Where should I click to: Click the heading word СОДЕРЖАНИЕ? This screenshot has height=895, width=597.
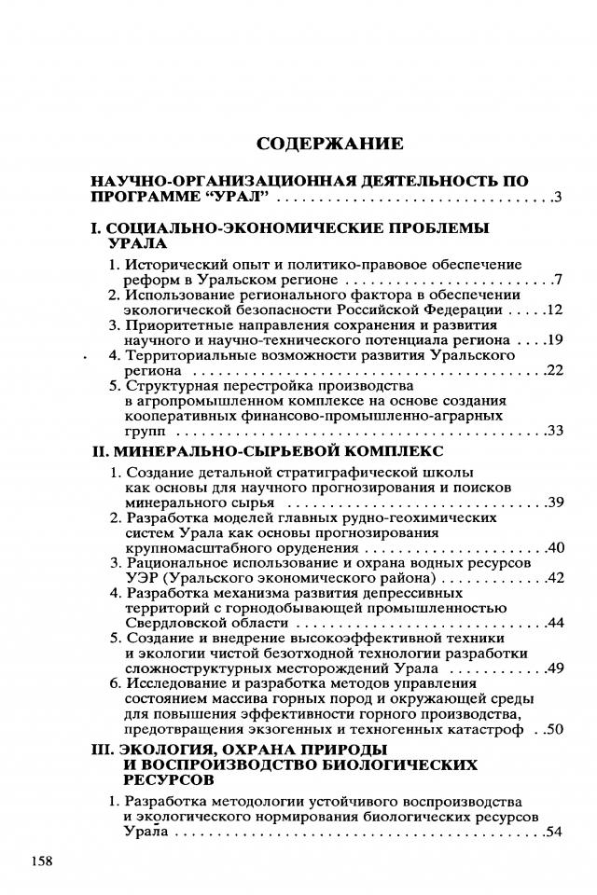[329, 144]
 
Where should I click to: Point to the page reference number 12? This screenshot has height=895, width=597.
[553, 310]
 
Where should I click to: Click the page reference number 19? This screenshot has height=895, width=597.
[553, 340]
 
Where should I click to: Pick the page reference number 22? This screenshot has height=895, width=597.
[553, 371]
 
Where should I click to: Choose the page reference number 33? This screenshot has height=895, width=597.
[553, 432]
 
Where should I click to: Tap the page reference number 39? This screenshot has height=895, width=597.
[553, 503]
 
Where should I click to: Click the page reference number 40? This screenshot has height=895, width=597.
[553, 547]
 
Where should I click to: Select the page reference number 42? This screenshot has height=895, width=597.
[553, 578]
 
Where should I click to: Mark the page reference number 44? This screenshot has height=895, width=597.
[553, 623]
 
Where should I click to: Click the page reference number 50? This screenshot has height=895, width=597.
[553, 728]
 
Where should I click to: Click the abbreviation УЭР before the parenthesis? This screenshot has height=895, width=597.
[143, 578]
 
